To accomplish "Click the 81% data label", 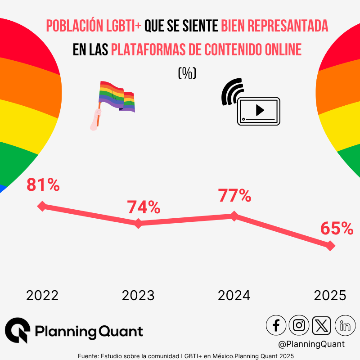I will pyautogui.click(x=43, y=185).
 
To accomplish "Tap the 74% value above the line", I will pyautogui.click(x=144, y=207).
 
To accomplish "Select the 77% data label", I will pyautogui.click(x=234, y=196).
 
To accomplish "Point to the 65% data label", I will pyautogui.click(x=337, y=229).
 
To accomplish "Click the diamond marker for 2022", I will pyautogui.click(x=42, y=206).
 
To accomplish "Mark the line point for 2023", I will pyautogui.click(x=138, y=223).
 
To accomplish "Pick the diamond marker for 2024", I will pyautogui.click(x=234, y=216).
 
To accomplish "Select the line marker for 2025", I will pyautogui.click(x=330, y=246).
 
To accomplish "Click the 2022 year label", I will pyautogui.click(x=42, y=296).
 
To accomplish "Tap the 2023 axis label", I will pyautogui.click(x=138, y=296).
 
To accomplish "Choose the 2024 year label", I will pyautogui.click(x=234, y=296).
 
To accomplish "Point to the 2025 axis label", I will pyautogui.click(x=330, y=296).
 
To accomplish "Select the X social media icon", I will pyautogui.click(x=321, y=325).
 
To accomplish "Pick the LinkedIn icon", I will pyautogui.click(x=345, y=325).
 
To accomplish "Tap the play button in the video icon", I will pyautogui.click(x=260, y=110).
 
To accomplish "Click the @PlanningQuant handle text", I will pyautogui.click(x=311, y=344).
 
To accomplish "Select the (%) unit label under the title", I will pyautogui.click(x=187, y=73).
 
